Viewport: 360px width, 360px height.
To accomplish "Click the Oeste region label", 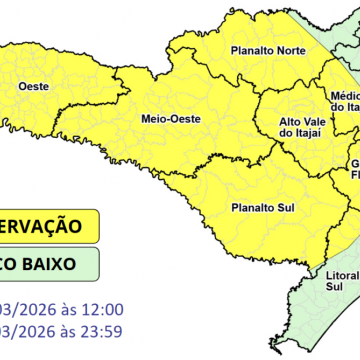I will click(22, 85).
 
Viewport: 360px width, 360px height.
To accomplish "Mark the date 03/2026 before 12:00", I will click(24, 309).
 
